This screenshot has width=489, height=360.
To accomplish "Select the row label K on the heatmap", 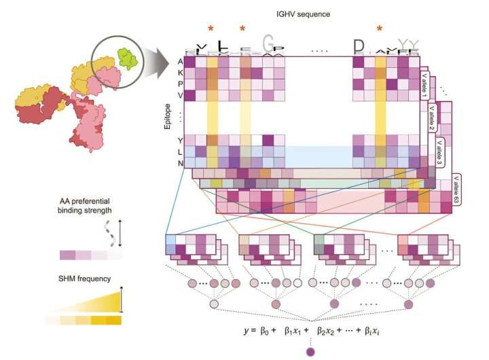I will tap(179, 72).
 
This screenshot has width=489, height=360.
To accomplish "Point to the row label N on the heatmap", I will tap(179, 163).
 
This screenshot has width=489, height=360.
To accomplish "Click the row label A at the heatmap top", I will tap(179, 61).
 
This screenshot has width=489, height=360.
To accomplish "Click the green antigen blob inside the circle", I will tap(124, 57).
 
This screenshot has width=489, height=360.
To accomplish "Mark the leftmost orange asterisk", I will tap(211, 29).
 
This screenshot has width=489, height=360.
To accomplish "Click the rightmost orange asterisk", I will tap(380, 29).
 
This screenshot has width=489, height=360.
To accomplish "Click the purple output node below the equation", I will tap(311, 351).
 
